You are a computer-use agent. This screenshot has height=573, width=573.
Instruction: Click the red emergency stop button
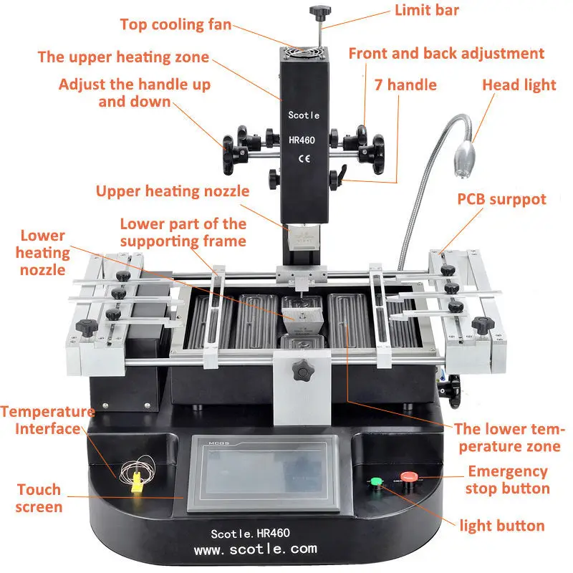tap(408, 477)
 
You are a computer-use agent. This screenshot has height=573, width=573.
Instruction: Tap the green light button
tap(376, 481)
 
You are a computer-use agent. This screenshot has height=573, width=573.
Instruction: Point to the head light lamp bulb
tap(463, 159)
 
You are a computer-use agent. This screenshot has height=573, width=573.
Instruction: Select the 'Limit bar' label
tap(427, 10)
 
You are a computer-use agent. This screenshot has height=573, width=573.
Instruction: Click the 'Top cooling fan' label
tap(175, 24)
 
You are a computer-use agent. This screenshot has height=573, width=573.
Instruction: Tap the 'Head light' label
tap(519, 85)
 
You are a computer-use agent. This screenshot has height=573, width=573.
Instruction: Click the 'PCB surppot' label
tap(502, 200)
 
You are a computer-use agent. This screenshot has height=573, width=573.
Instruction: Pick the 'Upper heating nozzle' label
tap(173, 191)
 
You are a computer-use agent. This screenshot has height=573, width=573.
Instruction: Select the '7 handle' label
tap(405, 85)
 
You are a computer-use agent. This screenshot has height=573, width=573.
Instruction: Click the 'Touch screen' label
tap(39, 499)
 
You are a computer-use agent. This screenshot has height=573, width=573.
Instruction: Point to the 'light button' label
tap(502, 526)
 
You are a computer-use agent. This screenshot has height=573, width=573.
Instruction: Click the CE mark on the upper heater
tap(304, 158)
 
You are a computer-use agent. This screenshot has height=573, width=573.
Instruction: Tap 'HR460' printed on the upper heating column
tap(302, 140)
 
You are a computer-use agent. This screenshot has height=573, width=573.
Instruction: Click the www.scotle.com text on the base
tap(256, 549)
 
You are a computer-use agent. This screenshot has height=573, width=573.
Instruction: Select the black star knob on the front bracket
tap(303, 370)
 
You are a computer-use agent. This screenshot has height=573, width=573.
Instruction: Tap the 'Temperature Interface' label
tap(47, 420)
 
